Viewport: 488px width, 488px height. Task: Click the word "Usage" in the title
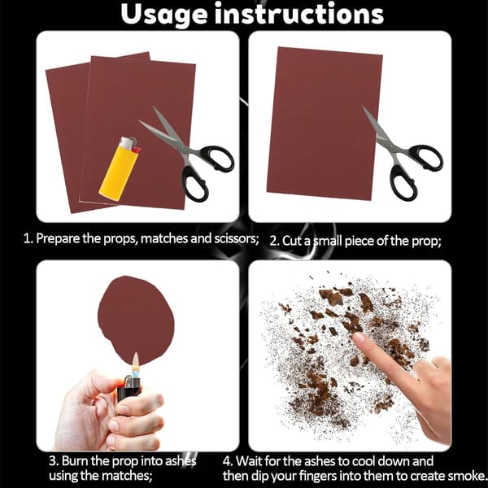(x=164, y=15)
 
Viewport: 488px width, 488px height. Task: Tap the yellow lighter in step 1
(x=120, y=169)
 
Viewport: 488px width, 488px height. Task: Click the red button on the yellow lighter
(x=136, y=150)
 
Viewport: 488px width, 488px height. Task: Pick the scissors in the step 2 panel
(x=402, y=154)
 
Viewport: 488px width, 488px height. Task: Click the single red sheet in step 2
(x=325, y=124)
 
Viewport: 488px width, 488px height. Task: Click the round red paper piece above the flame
(x=136, y=320)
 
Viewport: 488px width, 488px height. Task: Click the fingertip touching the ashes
(x=359, y=338)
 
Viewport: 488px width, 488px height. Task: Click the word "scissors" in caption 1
(x=237, y=238)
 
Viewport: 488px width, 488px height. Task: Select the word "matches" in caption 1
(x=164, y=238)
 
